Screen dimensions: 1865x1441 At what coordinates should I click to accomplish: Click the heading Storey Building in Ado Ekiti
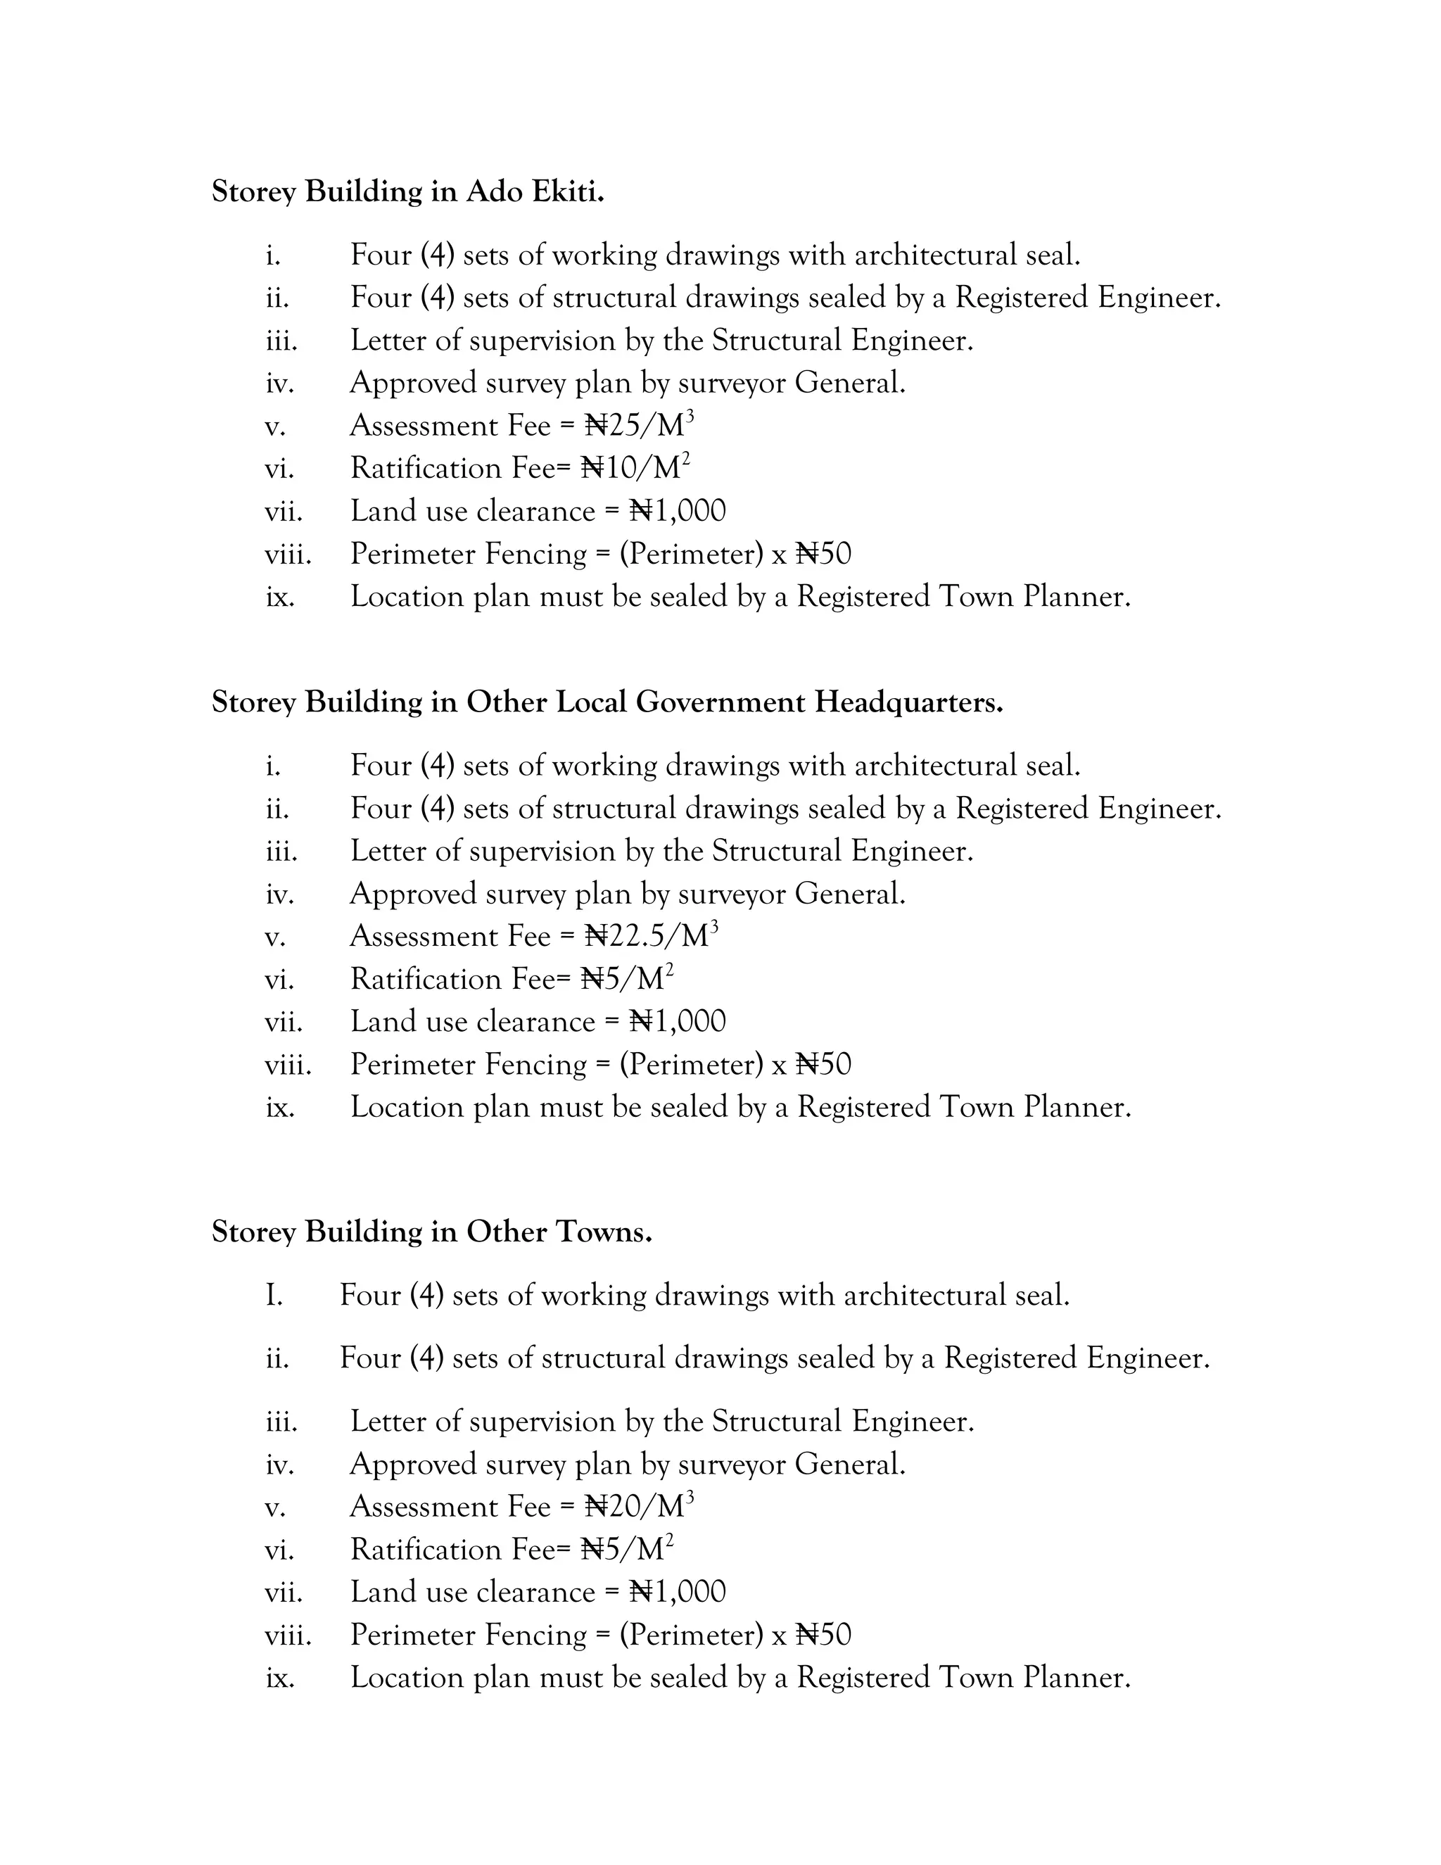pyautogui.click(x=407, y=191)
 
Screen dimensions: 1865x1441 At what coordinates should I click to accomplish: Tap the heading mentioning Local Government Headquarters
pyautogui.click(x=607, y=702)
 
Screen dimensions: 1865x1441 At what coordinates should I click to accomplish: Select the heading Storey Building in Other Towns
pyautogui.click(x=431, y=1232)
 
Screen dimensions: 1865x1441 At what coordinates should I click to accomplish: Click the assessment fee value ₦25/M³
pyautogui.click(x=639, y=425)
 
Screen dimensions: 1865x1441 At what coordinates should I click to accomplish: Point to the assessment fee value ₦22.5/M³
pyautogui.click(x=651, y=936)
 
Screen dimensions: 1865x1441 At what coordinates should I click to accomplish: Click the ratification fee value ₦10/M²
pyautogui.click(x=635, y=468)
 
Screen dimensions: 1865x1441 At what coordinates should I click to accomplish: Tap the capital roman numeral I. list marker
pyautogui.click(x=273, y=1296)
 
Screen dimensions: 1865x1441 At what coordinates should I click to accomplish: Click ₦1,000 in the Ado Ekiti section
pyautogui.click(x=678, y=511)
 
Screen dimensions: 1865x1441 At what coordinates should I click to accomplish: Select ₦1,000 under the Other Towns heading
pyautogui.click(x=678, y=1592)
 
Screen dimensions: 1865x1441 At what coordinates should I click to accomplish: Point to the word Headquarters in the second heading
pyautogui.click(x=908, y=702)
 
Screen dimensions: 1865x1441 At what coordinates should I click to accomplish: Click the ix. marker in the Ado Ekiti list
pyautogui.click(x=280, y=597)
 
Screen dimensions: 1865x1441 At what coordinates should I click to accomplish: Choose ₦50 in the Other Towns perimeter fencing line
pyautogui.click(x=824, y=1634)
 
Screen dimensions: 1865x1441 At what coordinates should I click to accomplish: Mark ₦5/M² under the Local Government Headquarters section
pyautogui.click(x=627, y=979)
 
